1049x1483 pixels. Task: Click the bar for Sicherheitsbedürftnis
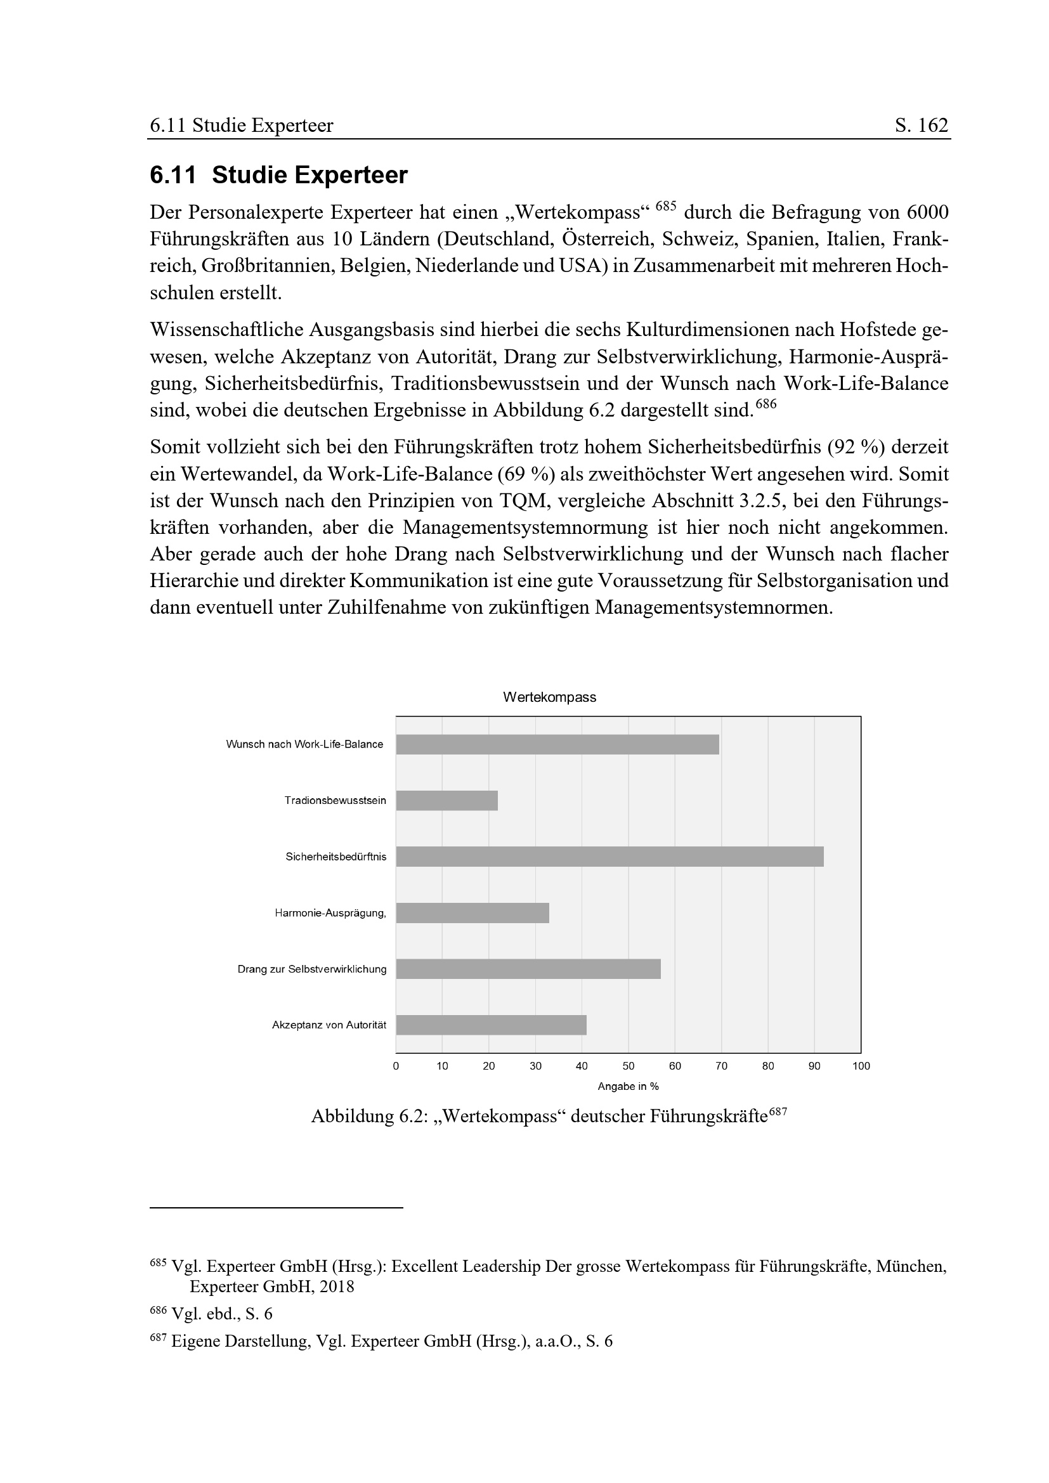609,857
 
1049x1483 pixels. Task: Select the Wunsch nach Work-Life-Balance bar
557,744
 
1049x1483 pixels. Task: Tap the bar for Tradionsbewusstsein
446,800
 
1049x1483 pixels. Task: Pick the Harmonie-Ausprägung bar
472,912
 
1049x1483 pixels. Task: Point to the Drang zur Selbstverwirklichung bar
528,969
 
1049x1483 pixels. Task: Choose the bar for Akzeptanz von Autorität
491,1025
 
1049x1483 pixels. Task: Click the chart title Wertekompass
550,697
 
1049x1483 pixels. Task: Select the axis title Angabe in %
628,1087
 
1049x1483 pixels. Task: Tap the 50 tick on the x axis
629,1066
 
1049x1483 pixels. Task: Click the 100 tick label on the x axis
861,1066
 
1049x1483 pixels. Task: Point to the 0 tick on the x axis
396,1066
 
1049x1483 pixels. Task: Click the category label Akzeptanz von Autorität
329,1025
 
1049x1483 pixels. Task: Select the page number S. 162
921,126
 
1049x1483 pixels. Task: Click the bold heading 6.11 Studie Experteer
278,175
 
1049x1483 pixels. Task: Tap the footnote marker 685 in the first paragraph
665,207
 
